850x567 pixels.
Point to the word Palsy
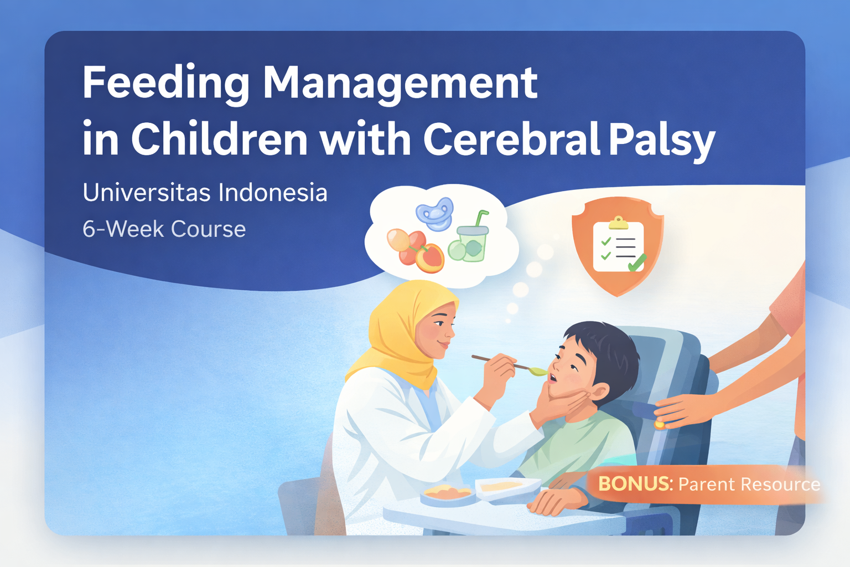[x=662, y=140]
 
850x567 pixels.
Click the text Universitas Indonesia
[x=205, y=193]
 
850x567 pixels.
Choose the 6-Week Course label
[x=164, y=229]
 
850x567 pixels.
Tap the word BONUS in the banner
[x=634, y=484]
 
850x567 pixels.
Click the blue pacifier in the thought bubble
[x=436, y=214]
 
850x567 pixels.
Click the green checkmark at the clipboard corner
[x=637, y=262]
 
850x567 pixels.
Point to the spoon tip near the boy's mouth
[x=537, y=371]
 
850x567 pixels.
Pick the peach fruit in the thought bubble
[x=429, y=259]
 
